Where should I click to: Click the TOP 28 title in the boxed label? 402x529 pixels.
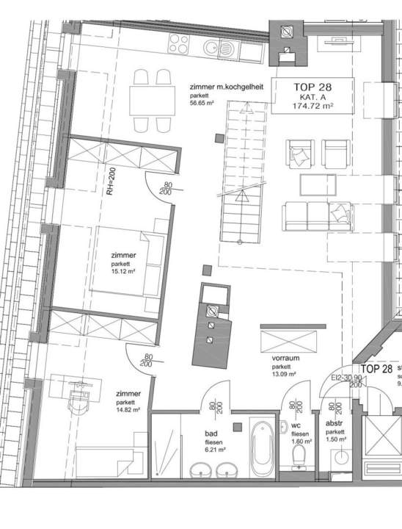312,87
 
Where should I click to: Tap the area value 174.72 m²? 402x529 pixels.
313,107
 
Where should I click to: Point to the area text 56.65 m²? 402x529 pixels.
203,104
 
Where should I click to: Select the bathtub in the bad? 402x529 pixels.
260,445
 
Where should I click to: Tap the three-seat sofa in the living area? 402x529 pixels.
317,215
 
